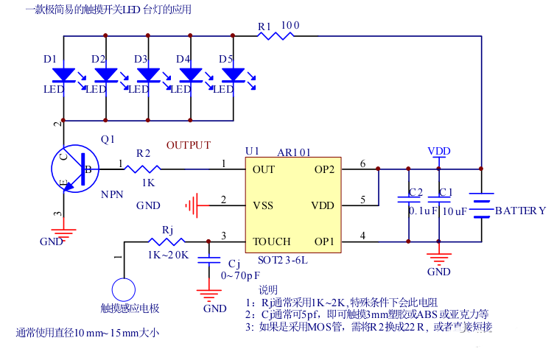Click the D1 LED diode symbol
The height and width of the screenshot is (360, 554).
(64, 75)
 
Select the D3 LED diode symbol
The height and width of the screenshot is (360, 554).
(149, 75)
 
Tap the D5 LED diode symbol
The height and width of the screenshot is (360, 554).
(234, 75)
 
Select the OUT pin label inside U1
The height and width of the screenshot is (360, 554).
(264, 169)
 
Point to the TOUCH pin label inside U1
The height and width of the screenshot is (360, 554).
(271, 241)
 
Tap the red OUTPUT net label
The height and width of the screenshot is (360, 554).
(189, 145)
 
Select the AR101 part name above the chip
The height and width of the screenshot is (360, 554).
(294, 152)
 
